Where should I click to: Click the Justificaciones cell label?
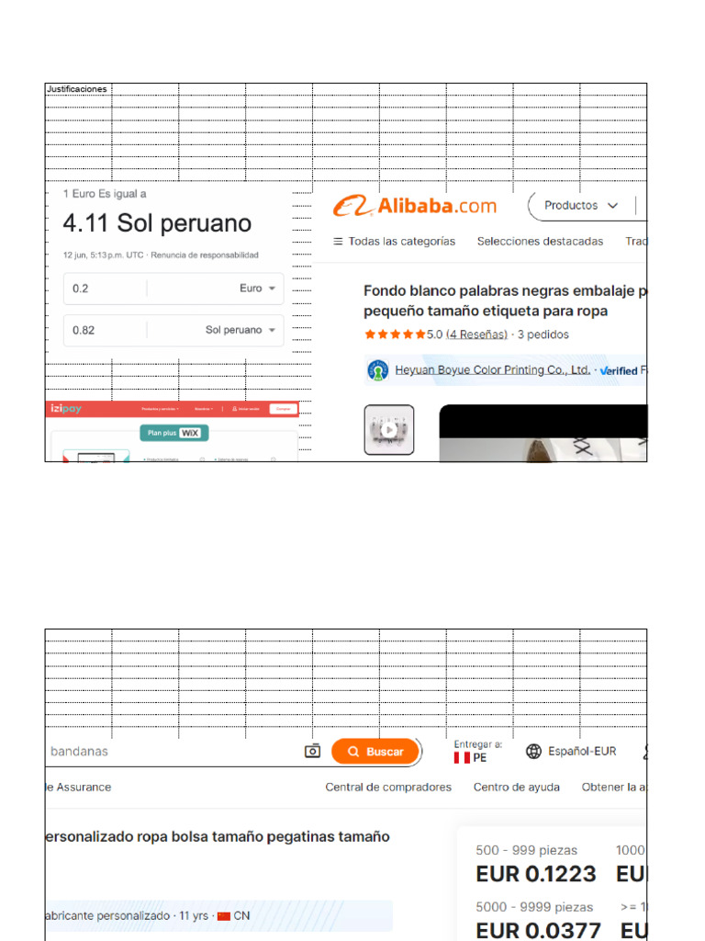click(x=77, y=89)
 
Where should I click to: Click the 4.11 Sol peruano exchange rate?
click(x=157, y=223)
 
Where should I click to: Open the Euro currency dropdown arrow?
click(x=273, y=289)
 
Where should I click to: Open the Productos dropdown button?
click(x=581, y=206)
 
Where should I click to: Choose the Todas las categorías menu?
click(x=394, y=242)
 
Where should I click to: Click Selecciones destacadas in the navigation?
click(x=540, y=242)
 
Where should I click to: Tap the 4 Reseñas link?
click(x=476, y=334)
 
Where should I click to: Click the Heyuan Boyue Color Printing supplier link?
click(x=492, y=370)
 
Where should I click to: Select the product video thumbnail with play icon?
click(x=389, y=429)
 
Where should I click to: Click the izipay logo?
click(x=66, y=409)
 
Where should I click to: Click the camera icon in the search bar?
click(x=312, y=752)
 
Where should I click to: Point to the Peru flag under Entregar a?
click(x=462, y=758)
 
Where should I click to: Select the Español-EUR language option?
click(x=571, y=752)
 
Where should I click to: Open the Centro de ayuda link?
click(x=516, y=788)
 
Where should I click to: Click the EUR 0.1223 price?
click(x=535, y=874)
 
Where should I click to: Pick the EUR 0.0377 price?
click(x=538, y=930)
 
